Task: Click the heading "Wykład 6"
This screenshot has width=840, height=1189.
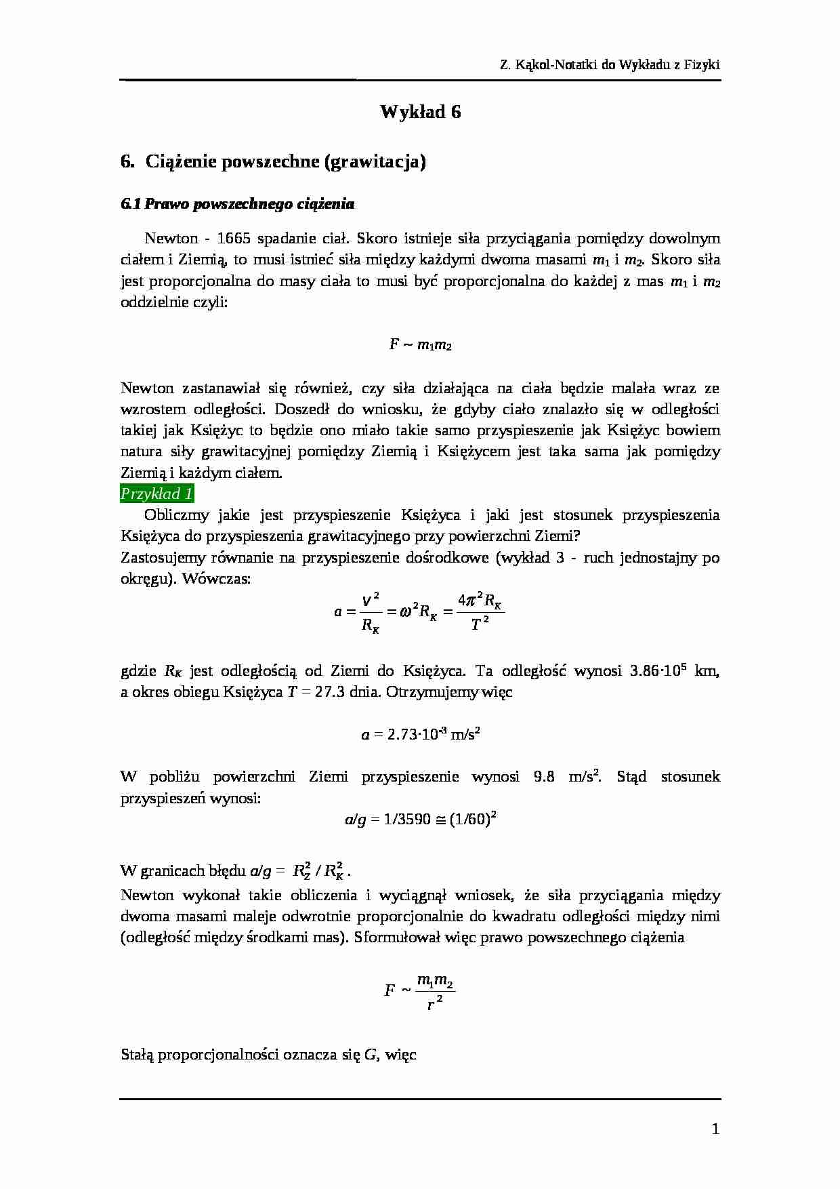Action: pos(420,112)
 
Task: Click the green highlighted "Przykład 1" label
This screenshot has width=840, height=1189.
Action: pos(157,493)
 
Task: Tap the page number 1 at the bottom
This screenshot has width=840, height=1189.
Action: pos(715,1129)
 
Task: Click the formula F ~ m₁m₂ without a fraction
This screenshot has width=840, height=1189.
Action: pos(420,345)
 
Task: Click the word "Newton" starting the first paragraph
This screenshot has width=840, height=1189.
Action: pos(171,239)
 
